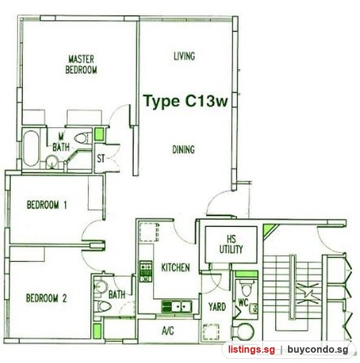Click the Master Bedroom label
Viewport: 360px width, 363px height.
[x=81, y=64]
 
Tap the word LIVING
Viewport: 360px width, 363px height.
[x=185, y=56]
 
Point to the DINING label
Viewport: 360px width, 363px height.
[x=183, y=149]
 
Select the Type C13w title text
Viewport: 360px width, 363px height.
[x=185, y=101]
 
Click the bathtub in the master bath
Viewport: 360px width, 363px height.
[x=31, y=148]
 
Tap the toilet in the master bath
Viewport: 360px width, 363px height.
[x=81, y=138]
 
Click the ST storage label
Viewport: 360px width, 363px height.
[x=100, y=159]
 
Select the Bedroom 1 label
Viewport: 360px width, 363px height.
[x=47, y=204]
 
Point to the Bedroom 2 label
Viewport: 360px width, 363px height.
[x=47, y=298]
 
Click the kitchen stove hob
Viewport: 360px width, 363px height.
[x=146, y=271]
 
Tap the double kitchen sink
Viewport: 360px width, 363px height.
[x=177, y=307]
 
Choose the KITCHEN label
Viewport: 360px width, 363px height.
[x=175, y=267]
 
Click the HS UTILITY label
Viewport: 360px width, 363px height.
[x=231, y=244]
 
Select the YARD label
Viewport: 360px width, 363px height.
[x=217, y=307]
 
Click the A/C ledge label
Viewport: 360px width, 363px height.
[x=168, y=330]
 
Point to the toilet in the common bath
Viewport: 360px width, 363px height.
[x=102, y=307]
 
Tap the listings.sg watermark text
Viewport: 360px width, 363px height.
[x=252, y=349]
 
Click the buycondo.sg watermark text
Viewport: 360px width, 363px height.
[x=318, y=349]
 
